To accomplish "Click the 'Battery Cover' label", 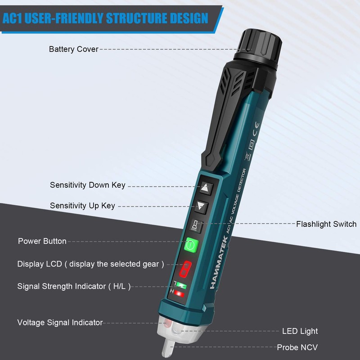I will pyautogui.click(x=73, y=49).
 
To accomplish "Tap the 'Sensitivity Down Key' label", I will pyautogui.click(x=87, y=185).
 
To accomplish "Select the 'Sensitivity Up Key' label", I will pyautogui.click(x=82, y=206).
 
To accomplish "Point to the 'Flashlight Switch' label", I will pyautogui.click(x=326, y=224).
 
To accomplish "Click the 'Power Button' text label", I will pyautogui.click(x=42, y=241).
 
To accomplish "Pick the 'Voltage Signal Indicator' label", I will pyautogui.click(x=60, y=322).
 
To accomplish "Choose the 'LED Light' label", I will pyautogui.click(x=300, y=331).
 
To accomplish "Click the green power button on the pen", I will pyautogui.click(x=191, y=245).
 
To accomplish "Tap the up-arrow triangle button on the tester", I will pyautogui.click(x=205, y=188).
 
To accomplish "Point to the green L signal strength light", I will pyautogui.click(x=180, y=285).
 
